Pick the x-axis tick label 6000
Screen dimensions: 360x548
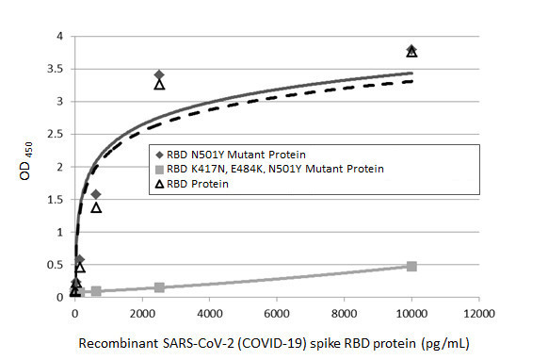[x=277, y=313]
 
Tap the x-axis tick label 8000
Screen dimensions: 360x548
[x=344, y=313]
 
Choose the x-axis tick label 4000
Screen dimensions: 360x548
[x=209, y=313]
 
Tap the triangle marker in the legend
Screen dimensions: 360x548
[x=158, y=185]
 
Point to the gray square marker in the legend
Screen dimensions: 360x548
[x=158, y=169]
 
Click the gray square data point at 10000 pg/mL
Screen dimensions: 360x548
[x=411, y=267]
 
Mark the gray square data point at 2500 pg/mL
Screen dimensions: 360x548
[x=159, y=286]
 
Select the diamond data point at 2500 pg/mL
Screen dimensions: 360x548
[x=159, y=74]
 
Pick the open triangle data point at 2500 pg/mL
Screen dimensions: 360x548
[x=159, y=85]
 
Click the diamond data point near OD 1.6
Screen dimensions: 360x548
[x=96, y=194]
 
